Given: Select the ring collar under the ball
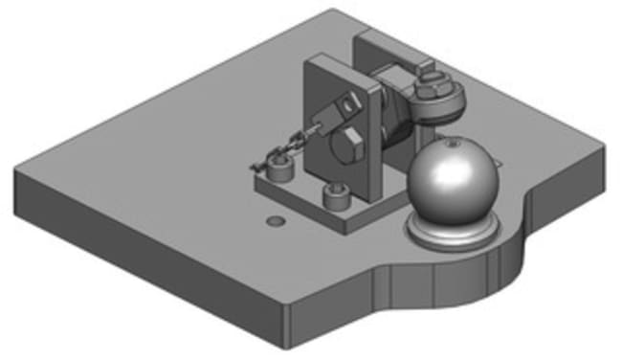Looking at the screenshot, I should pyautogui.click(x=450, y=233).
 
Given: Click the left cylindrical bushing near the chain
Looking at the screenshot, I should pyautogui.click(x=279, y=171).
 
